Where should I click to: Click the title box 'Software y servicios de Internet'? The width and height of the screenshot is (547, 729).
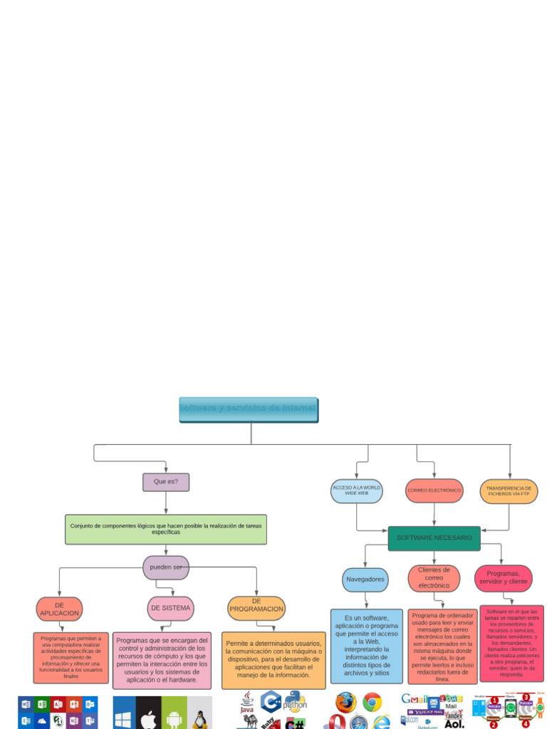pyautogui.click(x=249, y=410)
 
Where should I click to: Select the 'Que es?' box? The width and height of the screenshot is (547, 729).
pyautogui.click(x=166, y=482)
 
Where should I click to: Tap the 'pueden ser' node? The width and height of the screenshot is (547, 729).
pyautogui.click(x=166, y=567)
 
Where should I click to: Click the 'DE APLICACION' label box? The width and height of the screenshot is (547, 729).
pyautogui.click(x=59, y=609)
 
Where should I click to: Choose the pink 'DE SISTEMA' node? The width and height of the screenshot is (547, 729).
pyautogui.click(x=171, y=608)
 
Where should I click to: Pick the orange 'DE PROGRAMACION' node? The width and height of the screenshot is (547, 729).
pyautogui.click(x=256, y=608)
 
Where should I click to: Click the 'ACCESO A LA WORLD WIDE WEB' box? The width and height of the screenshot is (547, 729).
pyautogui.click(x=357, y=491)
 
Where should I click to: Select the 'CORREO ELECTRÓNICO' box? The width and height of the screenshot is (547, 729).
pyautogui.click(x=434, y=491)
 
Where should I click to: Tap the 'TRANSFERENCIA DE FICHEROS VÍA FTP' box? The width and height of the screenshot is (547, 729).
pyautogui.click(x=509, y=491)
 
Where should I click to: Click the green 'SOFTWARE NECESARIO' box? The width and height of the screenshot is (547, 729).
pyautogui.click(x=434, y=538)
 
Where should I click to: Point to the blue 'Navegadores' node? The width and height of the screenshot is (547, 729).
pyautogui.click(x=365, y=579)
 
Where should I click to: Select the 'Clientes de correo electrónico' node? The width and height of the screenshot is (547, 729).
pyautogui.click(x=434, y=578)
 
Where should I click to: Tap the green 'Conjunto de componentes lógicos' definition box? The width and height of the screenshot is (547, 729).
pyautogui.click(x=165, y=529)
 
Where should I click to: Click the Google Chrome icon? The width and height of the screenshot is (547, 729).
pyautogui.click(x=372, y=703)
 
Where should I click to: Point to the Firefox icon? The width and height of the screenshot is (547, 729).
pyautogui.click(x=346, y=703)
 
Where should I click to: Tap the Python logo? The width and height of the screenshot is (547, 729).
pyautogui.click(x=293, y=701)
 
